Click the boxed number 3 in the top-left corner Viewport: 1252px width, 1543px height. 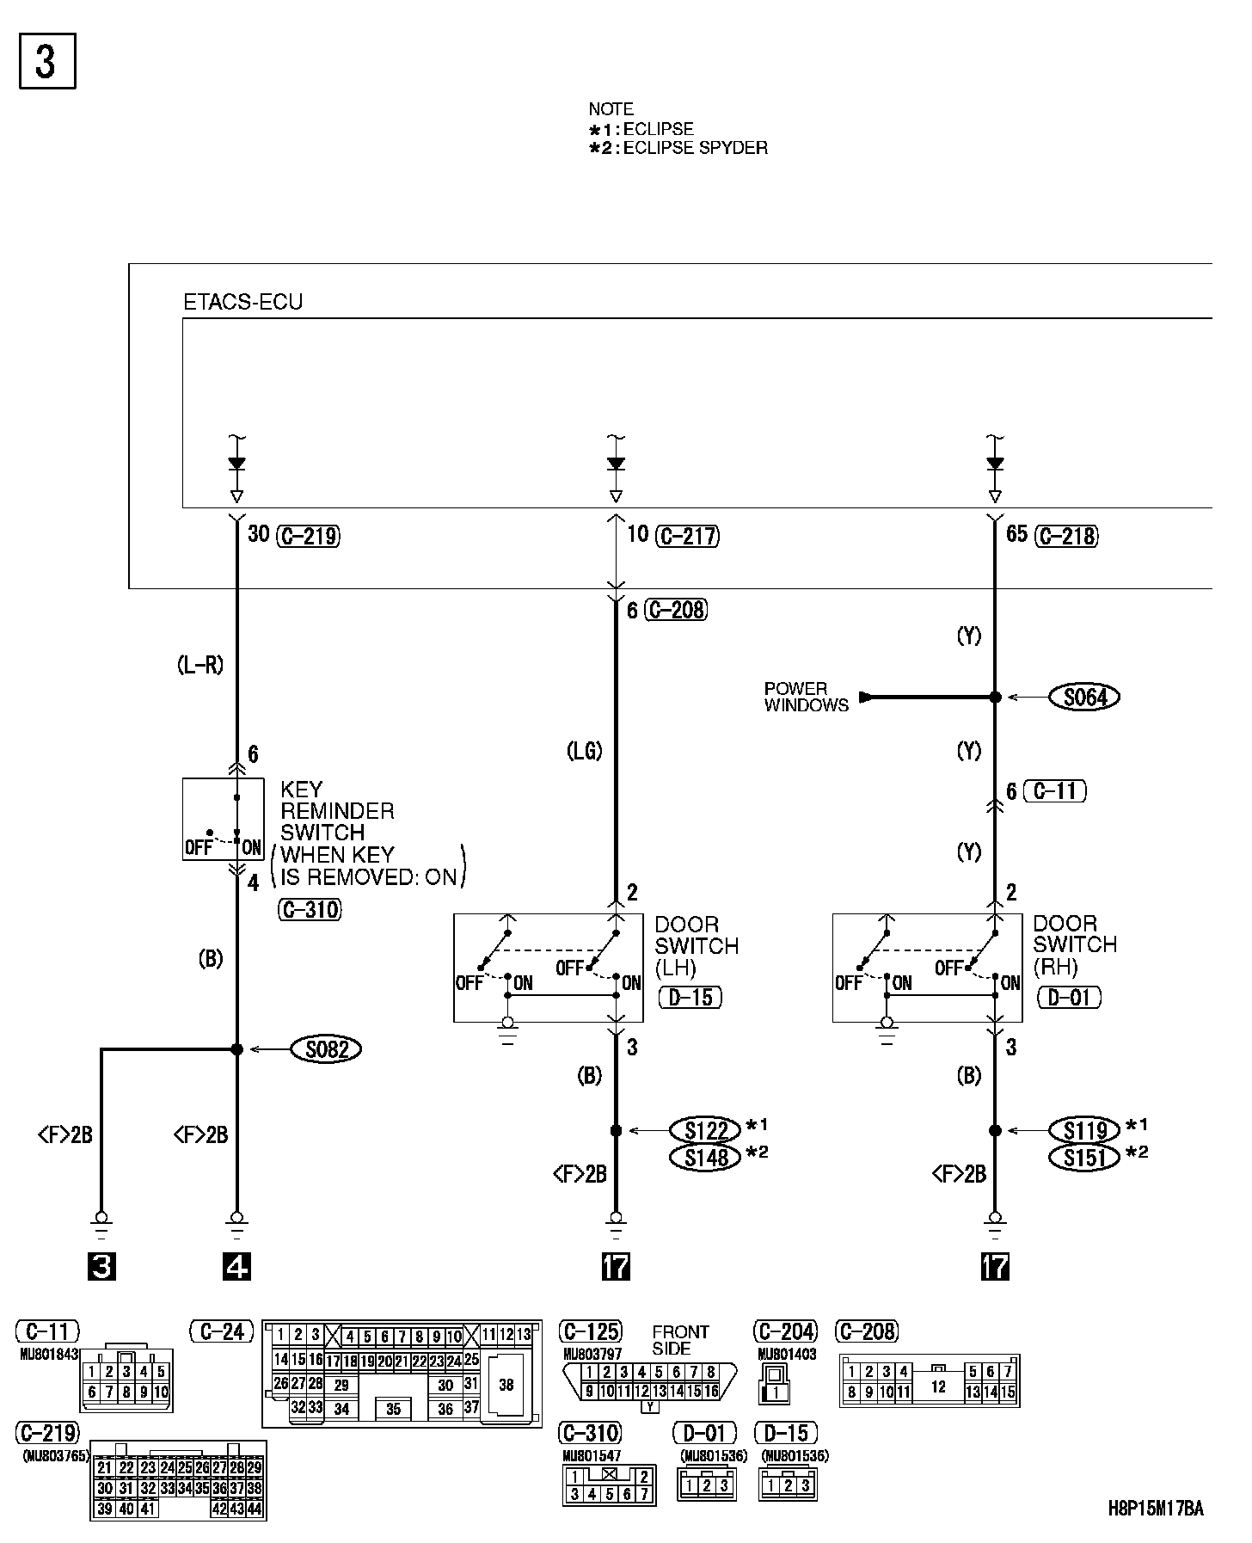[47, 60]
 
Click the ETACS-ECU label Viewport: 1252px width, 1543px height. [243, 303]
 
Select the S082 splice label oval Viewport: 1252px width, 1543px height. [326, 1049]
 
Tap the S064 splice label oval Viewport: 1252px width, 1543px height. [1085, 697]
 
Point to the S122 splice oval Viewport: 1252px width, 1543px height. [705, 1129]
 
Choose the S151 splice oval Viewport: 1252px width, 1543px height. [1084, 1158]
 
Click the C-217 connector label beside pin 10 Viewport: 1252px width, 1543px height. [687, 536]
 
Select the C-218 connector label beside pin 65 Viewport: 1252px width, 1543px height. [1067, 536]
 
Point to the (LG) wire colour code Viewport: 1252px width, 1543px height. [584, 751]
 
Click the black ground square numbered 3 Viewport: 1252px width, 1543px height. [101, 1267]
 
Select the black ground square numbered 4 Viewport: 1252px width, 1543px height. [236, 1267]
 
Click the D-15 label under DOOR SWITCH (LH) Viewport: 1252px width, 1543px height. [690, 997]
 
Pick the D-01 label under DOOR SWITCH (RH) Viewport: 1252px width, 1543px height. [1070, 997]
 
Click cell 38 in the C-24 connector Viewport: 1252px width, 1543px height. [506, 1385]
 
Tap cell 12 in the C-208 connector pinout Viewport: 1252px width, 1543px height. [938, 1386]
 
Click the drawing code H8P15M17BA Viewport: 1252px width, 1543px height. [1155, 1508]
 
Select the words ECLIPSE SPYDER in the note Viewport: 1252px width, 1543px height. [695, 148]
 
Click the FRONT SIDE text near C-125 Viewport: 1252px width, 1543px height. [680, 1340]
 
